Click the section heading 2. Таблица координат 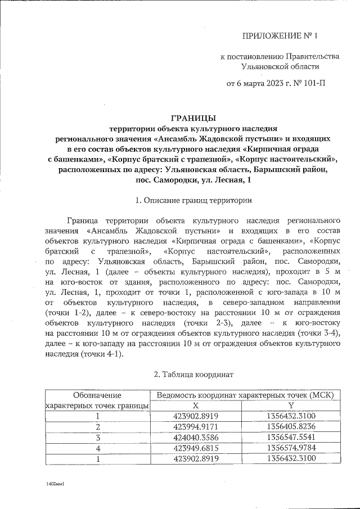(190, 374)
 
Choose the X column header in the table (196, 406)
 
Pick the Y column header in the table (290, 406)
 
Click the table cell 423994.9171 (196, 427)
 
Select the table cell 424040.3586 (196, 438)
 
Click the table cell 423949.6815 (196, 448)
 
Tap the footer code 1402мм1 (56, 483)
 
